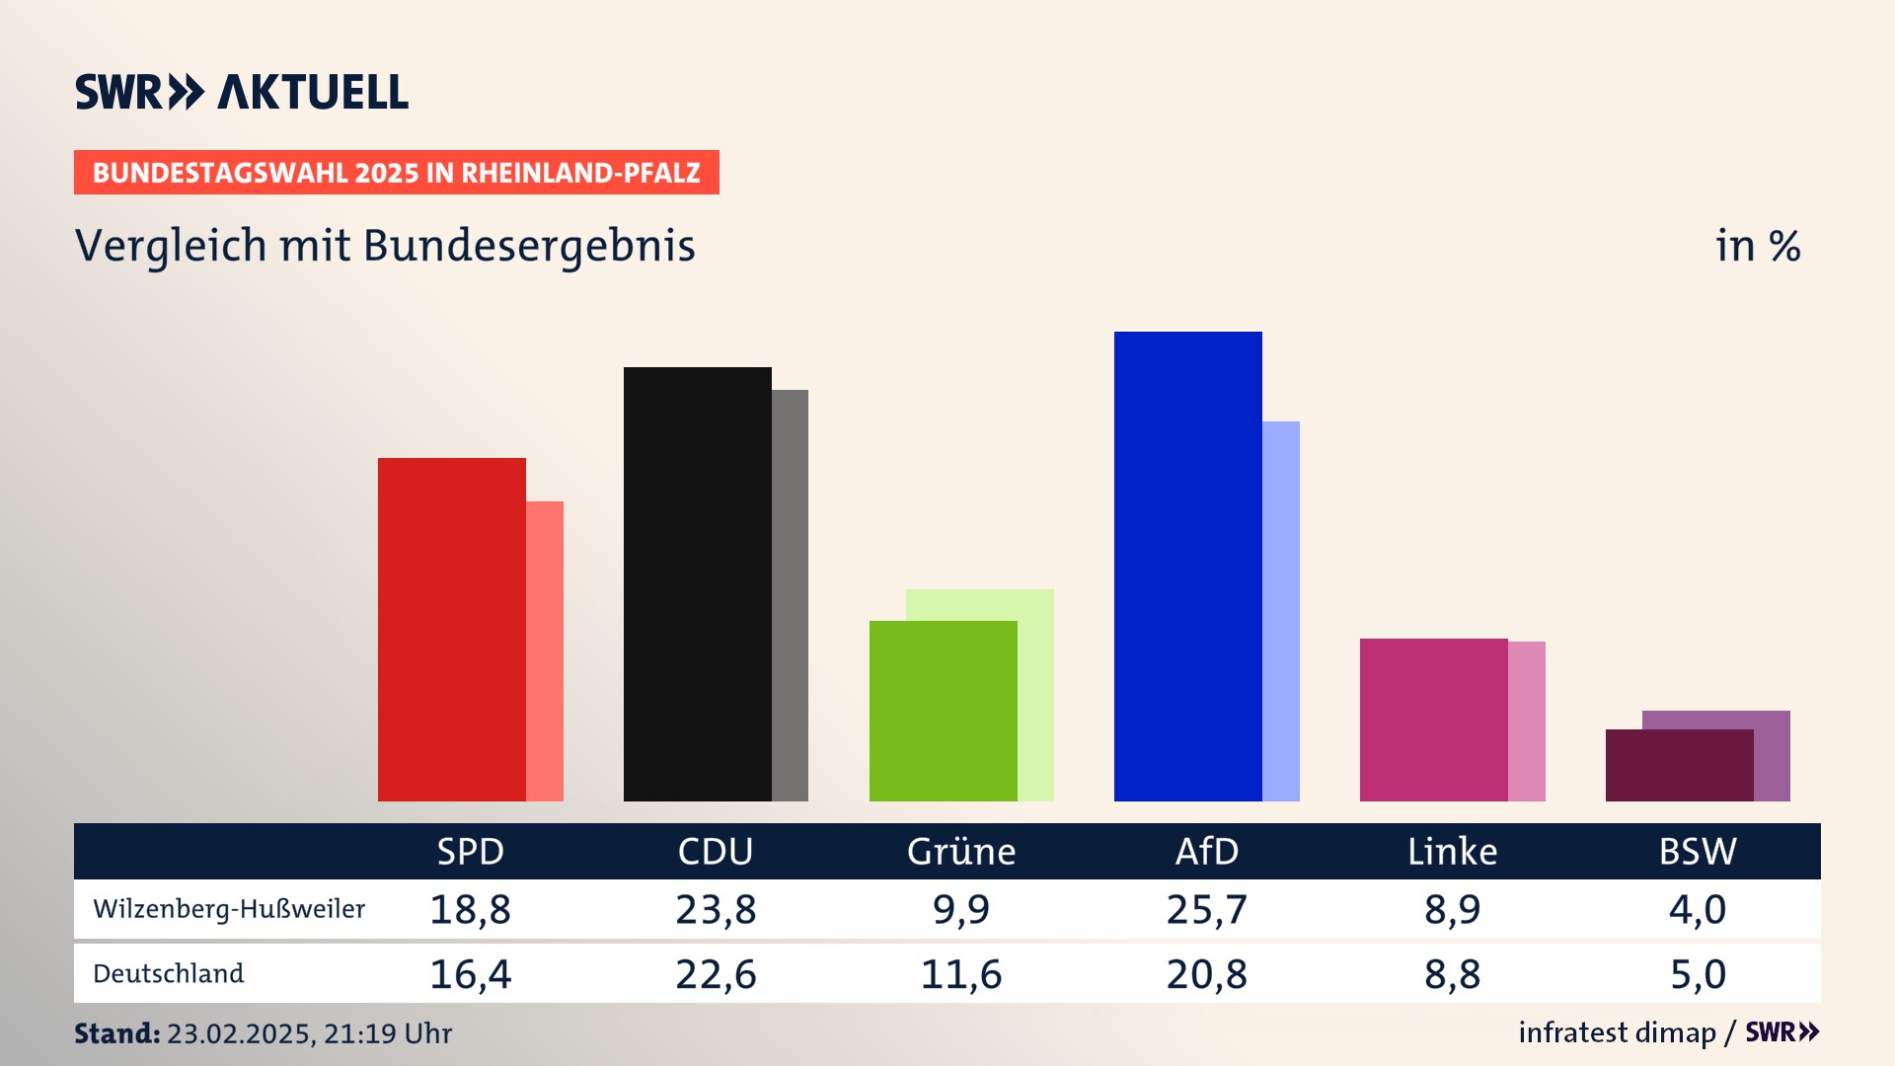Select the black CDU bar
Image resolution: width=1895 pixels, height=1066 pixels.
pyautogui.click(x=697, y=583)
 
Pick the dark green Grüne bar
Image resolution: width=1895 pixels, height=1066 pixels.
pyautogui.click(x=943, y=711)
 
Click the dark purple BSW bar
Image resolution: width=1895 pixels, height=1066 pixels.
pyautogui.click(x=1679, y=765)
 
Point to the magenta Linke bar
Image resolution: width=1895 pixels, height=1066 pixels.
pyautogui.click(x=1433, y=720)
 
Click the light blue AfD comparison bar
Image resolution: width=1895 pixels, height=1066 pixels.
pyautogui.click(x=1281, y=611)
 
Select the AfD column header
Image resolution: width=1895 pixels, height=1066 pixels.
pyautogui.click(x=1206, y=851)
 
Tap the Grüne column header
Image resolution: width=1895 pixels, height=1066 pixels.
pyautogui.click(x=961, y=851)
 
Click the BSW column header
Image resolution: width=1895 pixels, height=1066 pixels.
pyautogui.click(x=1698, y=851)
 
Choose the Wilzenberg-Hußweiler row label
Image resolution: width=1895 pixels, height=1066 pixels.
pyautogui.click(x=229, y=909)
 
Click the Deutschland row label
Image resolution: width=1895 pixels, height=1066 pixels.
pyautogui.click(x=169, y=973)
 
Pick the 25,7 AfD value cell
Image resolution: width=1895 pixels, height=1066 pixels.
pyautogui.click(x=1206, y=909)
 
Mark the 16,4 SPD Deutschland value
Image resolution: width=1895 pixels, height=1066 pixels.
pyautogui.click(x=470, y=974)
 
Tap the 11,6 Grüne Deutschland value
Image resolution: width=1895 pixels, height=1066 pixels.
pyautogui.click(x=961, y=974)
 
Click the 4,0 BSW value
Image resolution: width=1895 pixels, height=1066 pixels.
pyautogui.click(x=1698, y=909)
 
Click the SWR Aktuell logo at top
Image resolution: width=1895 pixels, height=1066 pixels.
pyautogui.click(x=242, y=92)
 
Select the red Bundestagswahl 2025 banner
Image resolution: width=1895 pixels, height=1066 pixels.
pyautogui.click(x=396, y=173)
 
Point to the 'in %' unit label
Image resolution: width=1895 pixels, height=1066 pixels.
pyautogui.click(x=1758, y=246)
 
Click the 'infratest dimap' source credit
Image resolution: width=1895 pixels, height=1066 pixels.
pyautogui.click(x=1617, y=1032)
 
